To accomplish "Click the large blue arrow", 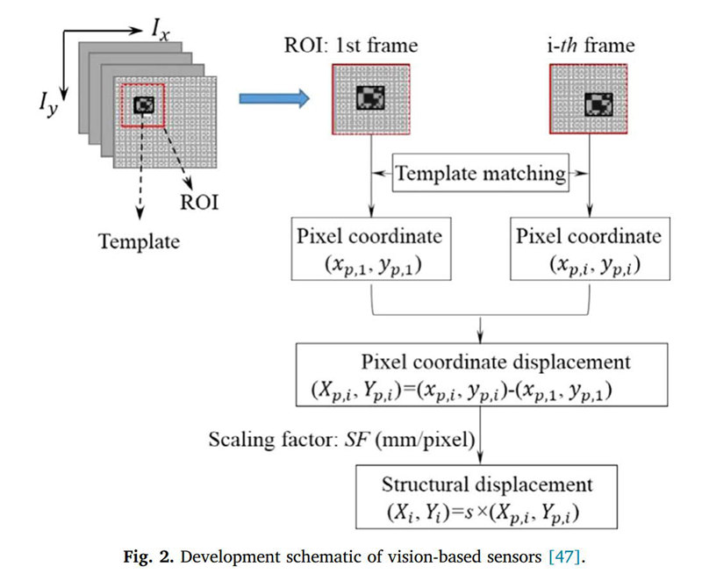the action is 274,98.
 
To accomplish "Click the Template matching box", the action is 480,173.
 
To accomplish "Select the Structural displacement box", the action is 486,497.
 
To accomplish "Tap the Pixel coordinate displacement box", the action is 482,375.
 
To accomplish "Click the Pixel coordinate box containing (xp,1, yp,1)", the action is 370,249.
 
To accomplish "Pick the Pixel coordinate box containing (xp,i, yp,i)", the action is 590,249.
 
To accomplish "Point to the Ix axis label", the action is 161,31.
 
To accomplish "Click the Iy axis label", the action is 48,105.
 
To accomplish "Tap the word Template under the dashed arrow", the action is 139,241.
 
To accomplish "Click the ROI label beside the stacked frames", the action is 199,203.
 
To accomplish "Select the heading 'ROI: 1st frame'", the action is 351,46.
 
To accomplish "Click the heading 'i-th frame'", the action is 591,46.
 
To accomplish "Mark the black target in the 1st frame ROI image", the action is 370,97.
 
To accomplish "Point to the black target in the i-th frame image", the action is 598,104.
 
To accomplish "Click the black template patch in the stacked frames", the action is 144,105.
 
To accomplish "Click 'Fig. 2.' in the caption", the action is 148,556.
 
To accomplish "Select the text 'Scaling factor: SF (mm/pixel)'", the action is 341,440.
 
